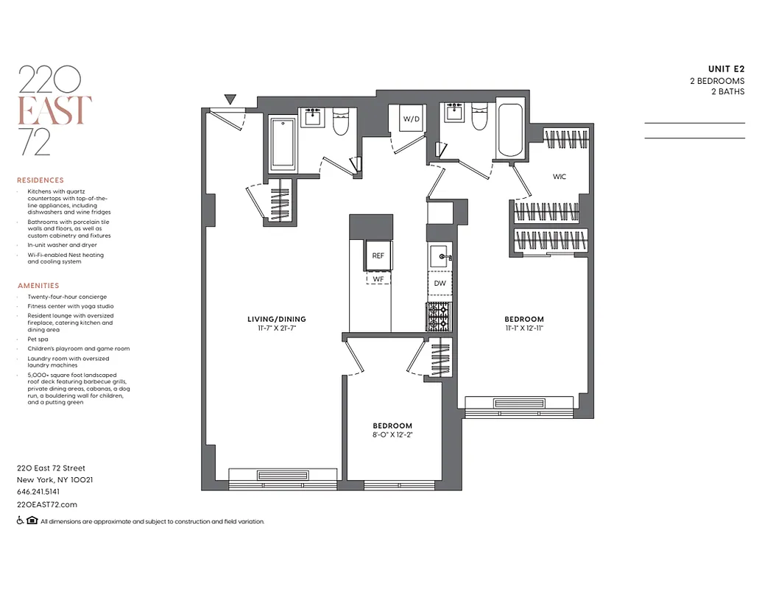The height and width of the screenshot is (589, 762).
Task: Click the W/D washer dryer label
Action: coord(410,119)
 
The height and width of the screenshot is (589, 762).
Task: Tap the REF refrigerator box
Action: coord(378,255)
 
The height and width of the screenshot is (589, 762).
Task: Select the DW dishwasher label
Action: coord(440,283)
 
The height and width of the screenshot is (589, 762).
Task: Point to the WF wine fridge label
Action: coord(378,279)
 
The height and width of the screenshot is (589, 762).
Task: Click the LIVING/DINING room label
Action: coord(276,319)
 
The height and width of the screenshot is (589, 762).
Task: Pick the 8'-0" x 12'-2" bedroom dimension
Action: coord(392,434)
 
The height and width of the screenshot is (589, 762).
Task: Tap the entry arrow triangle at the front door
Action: coord(230,99)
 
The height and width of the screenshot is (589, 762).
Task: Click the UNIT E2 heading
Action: coord(726,69)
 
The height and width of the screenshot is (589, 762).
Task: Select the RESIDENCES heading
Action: coord(40,180)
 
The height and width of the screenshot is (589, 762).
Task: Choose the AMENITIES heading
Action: coord(38,286)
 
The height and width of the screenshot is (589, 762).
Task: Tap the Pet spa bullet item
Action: coord(40,340)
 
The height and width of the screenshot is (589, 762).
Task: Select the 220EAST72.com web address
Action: coord(47,504)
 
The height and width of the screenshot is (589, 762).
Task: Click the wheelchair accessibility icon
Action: coord(20,521)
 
